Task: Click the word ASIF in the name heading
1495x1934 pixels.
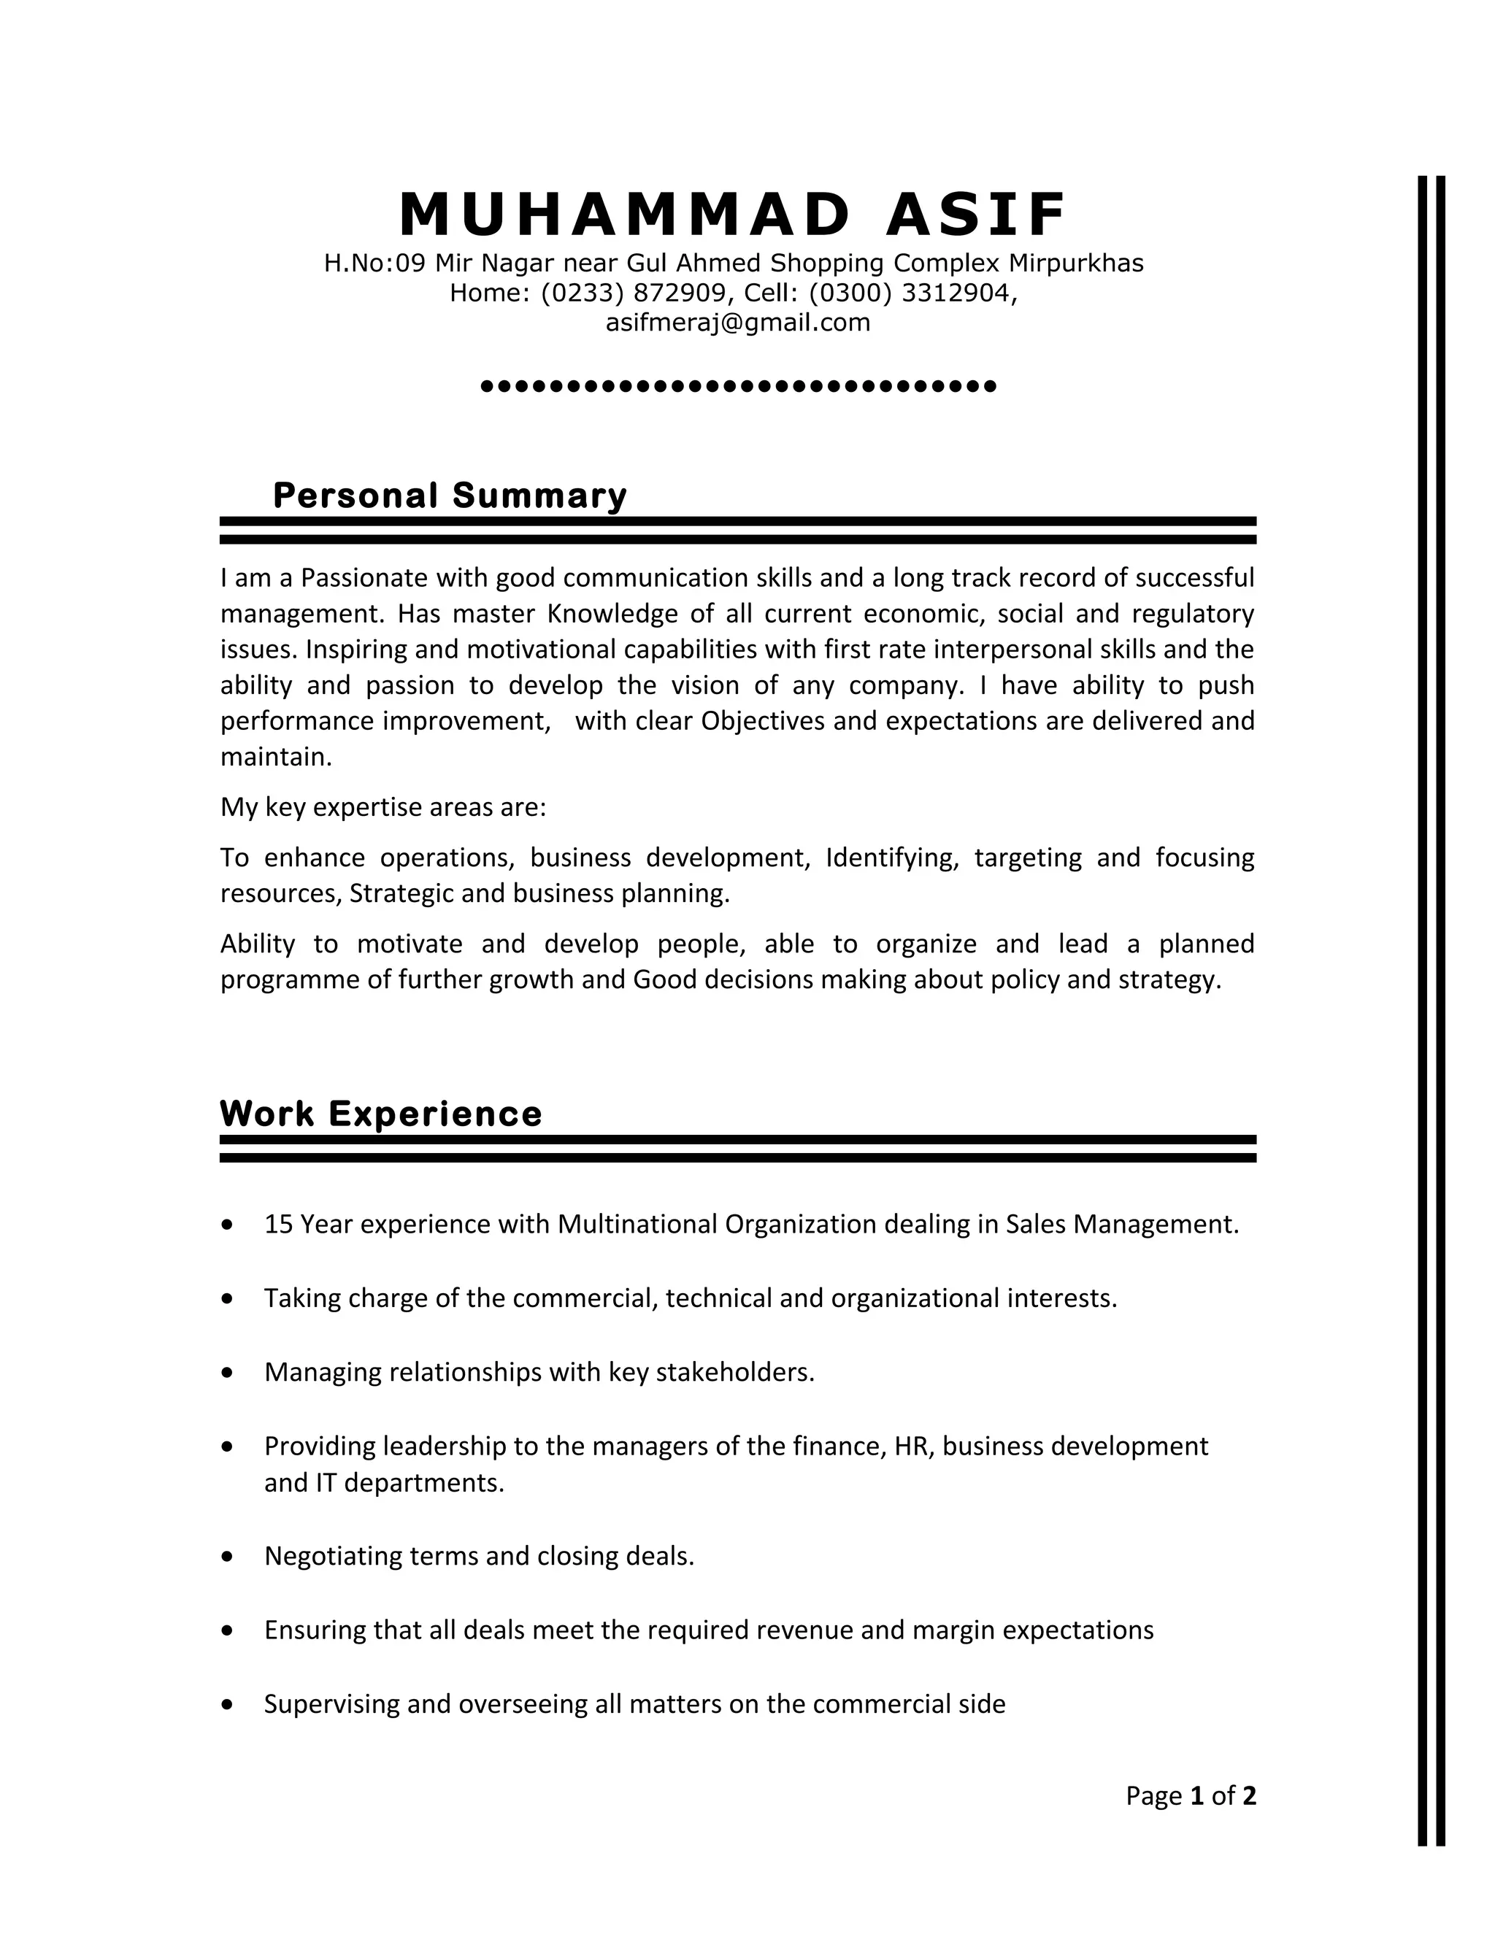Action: pos(977,215)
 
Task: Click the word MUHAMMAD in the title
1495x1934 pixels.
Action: pos(626,215)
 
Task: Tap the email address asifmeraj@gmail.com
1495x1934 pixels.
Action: pos(738,323)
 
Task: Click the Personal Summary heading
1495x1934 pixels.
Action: pos(450,495)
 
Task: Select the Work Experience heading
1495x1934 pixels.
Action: pos(381,1113)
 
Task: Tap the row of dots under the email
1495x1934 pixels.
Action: pos(738,386)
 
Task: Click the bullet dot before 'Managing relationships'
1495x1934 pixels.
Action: pos(228,1373)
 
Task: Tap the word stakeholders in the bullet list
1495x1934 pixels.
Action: pos(734,1372)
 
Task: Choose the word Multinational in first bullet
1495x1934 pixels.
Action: pos(638,1224)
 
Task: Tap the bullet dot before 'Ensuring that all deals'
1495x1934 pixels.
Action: pos(228,1630)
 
